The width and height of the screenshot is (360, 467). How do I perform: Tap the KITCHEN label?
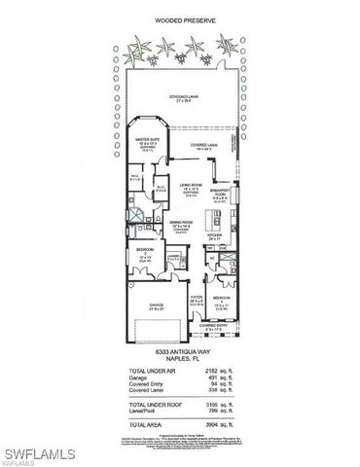coord(216,233)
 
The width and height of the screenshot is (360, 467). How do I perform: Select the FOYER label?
coord(195,298)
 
